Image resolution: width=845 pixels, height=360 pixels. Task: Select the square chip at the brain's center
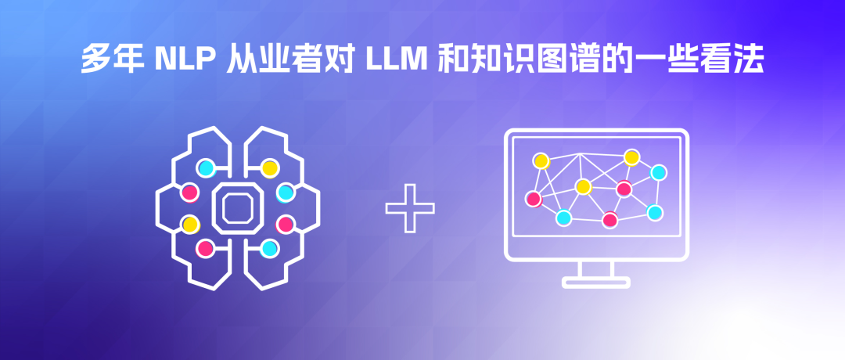tap(236, 208)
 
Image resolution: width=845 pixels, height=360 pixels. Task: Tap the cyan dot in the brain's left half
tap(206, 167)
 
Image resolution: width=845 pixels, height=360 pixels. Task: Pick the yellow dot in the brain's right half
tap(270, 167)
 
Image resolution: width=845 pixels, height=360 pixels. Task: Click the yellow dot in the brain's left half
tap(189, 225)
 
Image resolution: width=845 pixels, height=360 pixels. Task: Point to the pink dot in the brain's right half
tap(286, 225)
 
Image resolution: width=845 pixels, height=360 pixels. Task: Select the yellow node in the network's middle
tap(583, 186)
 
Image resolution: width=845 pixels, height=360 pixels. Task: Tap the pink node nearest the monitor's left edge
tap(534, 199)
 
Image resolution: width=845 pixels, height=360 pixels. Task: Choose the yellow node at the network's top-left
tap(541, 160)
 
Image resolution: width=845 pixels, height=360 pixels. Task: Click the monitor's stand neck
tap(595, 269)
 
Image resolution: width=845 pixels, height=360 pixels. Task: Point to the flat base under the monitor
tap(595, 283)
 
